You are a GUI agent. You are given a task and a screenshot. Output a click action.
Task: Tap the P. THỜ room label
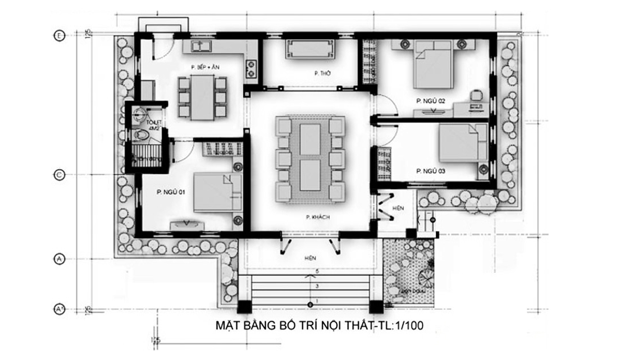(322, 74)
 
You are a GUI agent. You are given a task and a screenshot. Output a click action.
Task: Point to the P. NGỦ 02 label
(430, 101)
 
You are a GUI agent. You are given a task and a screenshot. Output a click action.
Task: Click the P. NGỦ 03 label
(431, 170)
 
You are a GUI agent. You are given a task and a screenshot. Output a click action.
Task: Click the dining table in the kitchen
(202, 96)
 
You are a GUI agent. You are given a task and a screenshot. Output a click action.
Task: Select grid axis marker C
(59, 175)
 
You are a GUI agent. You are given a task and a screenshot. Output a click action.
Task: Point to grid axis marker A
(59, 260)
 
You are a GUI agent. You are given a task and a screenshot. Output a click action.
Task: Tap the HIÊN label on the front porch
(310, 257)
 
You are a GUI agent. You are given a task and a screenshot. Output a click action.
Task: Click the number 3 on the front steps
(310, 286)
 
